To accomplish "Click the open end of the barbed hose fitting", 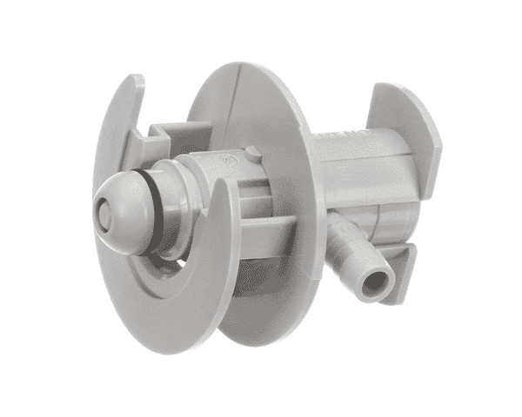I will pyautogui.click(x=377, y=282).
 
